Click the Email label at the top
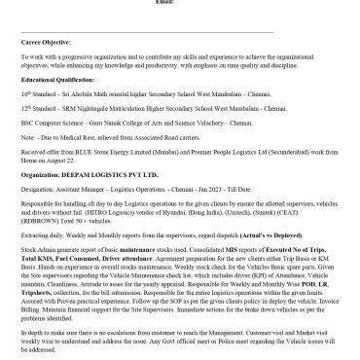[x=180, y=4]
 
